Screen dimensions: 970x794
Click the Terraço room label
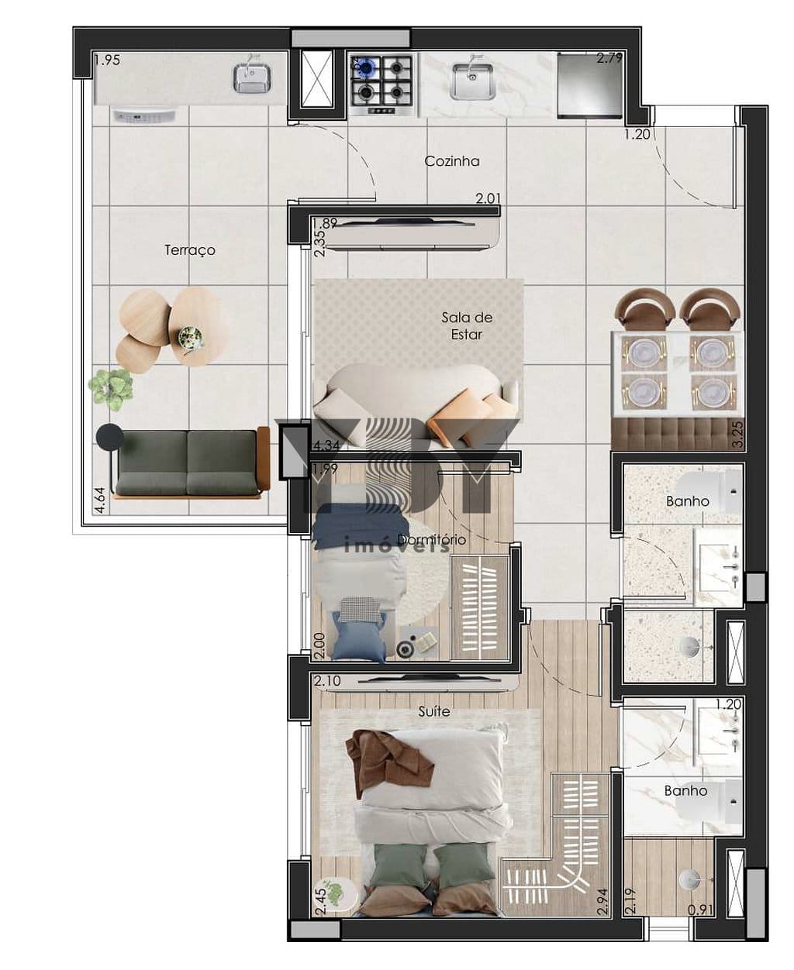(190, 250)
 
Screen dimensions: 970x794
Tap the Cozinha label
(452, 161)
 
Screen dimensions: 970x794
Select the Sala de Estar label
(467, 325)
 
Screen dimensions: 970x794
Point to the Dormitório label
(432, 539)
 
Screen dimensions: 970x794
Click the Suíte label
(433, 711)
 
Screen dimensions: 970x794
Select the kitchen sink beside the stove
(473, 81)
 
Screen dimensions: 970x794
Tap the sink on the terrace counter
(252, 77)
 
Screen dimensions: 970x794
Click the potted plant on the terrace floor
(111, 387)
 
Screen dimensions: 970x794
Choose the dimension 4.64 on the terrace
(98, 500)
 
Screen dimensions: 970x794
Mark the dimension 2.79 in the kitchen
(609, 58)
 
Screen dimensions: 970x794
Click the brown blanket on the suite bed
(388, 759)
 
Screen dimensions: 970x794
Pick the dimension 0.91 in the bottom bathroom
(700, 911)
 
